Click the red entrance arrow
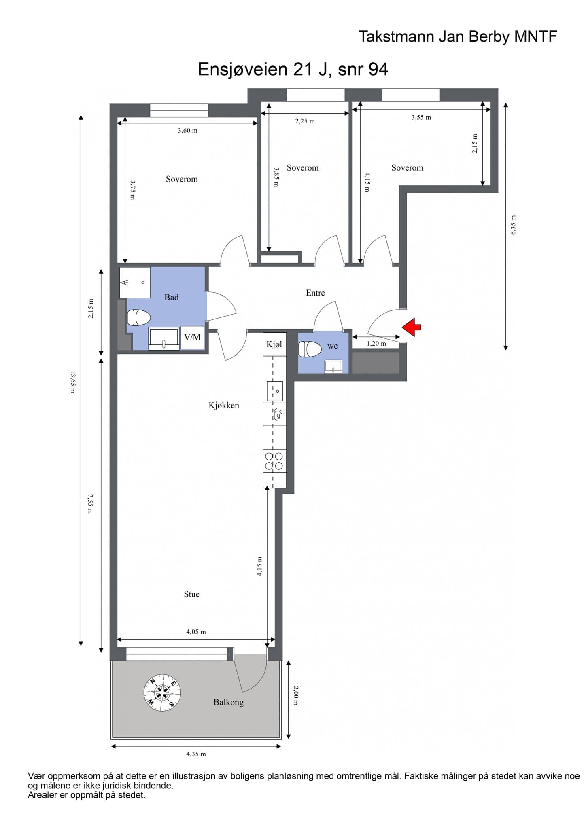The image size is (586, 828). (x=411, y=327)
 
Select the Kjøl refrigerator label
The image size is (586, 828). (x=274, y=344)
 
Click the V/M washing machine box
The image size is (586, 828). (x=192, y=338)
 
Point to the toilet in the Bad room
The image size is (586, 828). (x=139, y=318)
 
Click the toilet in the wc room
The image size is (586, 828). (x=310, y=349)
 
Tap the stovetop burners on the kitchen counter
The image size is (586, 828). (x=274, y=461)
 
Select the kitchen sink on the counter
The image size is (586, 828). (x=275, y=391)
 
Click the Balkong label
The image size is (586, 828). (x=229, y=702)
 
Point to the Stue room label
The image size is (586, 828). (x=191, y=594)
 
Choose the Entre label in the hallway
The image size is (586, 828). (x=315, y=293)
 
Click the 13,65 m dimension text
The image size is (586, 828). (x=73, y=382)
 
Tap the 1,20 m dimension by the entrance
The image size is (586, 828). (x=376, y=344)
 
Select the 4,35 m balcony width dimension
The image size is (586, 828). (x=196, y=754)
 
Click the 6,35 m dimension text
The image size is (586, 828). (x=514, y=225)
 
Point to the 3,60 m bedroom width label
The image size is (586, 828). (x=188, y=130)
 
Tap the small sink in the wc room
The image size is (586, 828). (x=333, y=367)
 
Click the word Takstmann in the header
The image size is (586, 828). (x=393, y=37)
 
